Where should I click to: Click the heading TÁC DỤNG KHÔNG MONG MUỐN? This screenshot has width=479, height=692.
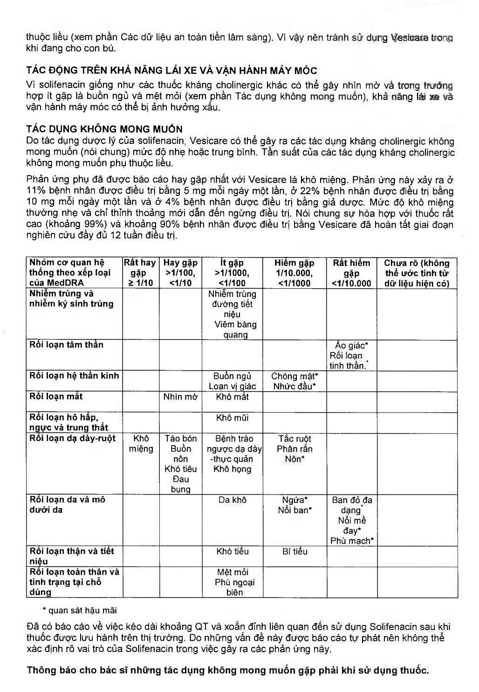104,129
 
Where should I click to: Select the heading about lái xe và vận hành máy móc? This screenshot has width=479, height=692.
171,71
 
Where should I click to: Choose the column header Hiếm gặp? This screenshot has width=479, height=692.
294,272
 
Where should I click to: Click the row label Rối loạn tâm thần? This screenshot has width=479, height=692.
66,345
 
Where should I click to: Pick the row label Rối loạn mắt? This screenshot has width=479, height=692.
56,396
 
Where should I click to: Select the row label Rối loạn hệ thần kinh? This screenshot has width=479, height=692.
74,376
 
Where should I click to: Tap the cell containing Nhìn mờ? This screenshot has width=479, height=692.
180,397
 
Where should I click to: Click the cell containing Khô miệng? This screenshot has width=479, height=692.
141,443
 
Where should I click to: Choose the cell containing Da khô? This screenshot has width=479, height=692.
232,500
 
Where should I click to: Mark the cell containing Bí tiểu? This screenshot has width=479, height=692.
294,551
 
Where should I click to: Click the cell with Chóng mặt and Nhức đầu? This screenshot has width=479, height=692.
294,381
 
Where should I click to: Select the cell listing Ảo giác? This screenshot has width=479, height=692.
351,355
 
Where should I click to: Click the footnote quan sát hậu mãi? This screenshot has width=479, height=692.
82,610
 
